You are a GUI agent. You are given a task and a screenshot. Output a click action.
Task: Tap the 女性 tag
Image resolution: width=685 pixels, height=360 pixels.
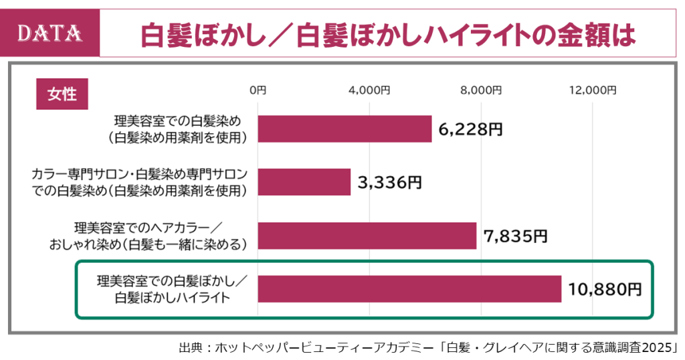coord(62,94)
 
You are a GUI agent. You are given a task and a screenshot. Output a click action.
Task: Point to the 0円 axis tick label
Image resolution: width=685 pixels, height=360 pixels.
coord(258,90)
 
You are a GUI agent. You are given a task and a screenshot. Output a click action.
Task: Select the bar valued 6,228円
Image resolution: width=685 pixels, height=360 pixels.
coord(345,128)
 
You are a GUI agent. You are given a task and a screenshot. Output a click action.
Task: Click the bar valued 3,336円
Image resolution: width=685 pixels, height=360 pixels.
coord(304,182)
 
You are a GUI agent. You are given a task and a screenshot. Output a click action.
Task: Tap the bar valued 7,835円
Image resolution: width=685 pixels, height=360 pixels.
coord(367,236)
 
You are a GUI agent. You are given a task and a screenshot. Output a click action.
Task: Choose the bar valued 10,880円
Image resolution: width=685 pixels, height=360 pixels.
coord(409,289)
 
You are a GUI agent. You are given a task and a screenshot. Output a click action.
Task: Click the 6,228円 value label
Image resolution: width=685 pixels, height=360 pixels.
coord(470,129)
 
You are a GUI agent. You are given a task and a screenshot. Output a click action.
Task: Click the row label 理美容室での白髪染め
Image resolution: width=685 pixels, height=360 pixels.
coord(177,128)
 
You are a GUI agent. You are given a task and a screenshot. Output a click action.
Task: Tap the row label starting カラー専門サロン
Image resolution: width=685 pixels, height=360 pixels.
coord(139,182)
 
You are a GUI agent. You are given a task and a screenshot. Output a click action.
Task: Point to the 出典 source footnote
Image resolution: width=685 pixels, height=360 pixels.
coord(428,348)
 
